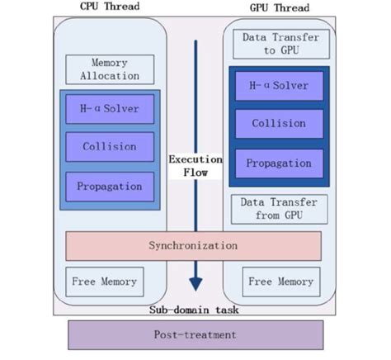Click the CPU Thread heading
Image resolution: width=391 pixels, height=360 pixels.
click(x=110, y=7)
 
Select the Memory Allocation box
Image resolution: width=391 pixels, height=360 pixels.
click(x=110, y=69)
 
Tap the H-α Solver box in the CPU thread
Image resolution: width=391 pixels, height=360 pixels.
click(x=110, y=108)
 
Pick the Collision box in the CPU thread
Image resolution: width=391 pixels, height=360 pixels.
click(x=110, y=147)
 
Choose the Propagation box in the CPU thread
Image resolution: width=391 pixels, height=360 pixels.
click(x=110, y=187)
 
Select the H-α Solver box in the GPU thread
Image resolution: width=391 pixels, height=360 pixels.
click(x=280, y=85)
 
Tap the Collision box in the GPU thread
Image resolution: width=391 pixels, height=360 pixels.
click(x=280, y=124)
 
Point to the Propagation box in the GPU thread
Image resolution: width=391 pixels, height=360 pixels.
click(x=280, y=163)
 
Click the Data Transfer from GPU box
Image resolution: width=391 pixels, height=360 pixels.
click(x=280, y=209)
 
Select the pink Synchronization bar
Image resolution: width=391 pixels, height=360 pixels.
click(x=193, y=246)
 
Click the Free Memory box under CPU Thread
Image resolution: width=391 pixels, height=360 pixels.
click(x=104, y=282)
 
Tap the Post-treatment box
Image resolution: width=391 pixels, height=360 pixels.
click(x=195, y=335)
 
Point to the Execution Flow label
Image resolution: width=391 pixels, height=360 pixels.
click(x=195, y=166)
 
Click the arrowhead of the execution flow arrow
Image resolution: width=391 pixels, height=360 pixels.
click(x=195, y=283)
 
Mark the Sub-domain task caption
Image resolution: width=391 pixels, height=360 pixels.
click(x=195, y=310)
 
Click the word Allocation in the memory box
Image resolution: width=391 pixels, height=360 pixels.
click(x=110, y=76)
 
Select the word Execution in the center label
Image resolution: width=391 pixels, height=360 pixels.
click(x=195, y=159)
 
